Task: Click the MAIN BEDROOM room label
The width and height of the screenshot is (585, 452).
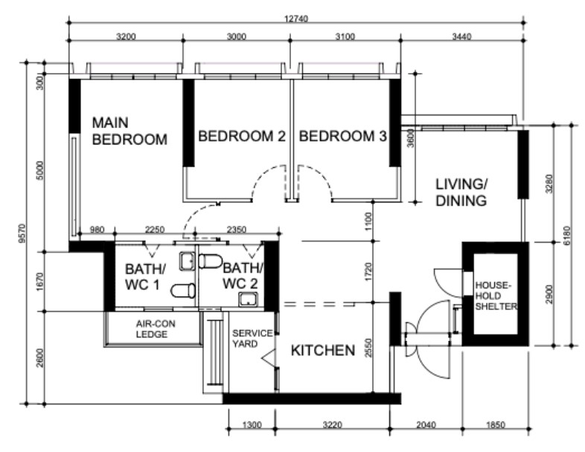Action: pyautogui.click(x=129, y=130)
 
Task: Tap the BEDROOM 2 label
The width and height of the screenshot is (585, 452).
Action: pyautogui.click(x=241, y=136)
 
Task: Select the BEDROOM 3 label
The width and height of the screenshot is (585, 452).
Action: pyautogui.click(x=342, y=136)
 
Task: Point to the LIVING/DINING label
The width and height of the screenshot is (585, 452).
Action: pyautogui.click(x=461, y=192)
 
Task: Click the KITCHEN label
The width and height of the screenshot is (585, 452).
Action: pyautogui.click(x=322, y=350)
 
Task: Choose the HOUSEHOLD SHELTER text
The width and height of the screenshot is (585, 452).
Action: pyautogui.click(x=493, y=295)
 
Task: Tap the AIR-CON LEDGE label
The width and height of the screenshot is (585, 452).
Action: pyautogui.click(x=156, y=329)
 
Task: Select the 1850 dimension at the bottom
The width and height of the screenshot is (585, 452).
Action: pyautogui.click(x=495, y=426)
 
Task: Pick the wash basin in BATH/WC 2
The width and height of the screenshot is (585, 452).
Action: pyautogui.click(x=246, y=299)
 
